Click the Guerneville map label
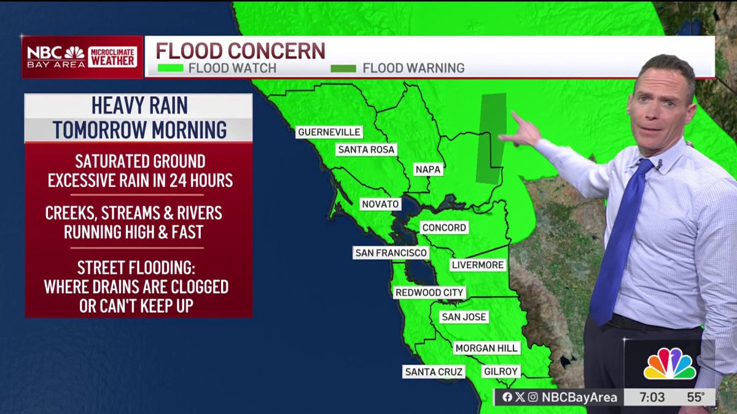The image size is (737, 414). [x=329, y=132]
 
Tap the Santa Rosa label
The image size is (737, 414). [x=366, y=150]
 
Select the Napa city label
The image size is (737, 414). [x=428, y=169]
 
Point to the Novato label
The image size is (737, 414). [x=380, y=204]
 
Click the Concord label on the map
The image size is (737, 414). [x=444, y=228]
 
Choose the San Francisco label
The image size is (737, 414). [x=391, y=253]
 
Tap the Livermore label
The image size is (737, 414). [x=477, y=265]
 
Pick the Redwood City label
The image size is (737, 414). [x=429, y=293]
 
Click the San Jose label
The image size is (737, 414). [x=464, y=317]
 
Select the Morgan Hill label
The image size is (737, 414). [x=486, y=348]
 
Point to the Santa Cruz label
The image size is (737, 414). [x=434, y=372]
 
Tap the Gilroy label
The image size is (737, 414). [x=501, y=372]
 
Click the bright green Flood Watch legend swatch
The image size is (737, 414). [x=170, y=68]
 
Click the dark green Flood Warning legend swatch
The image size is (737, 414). [x=343, y=68]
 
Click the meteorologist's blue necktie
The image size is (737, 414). [x=620, y=239]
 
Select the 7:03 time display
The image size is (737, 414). [x=652, y=397]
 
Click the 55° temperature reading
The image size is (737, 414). [x=695, y=397]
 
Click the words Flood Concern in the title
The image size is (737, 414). [x=240, y=50]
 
